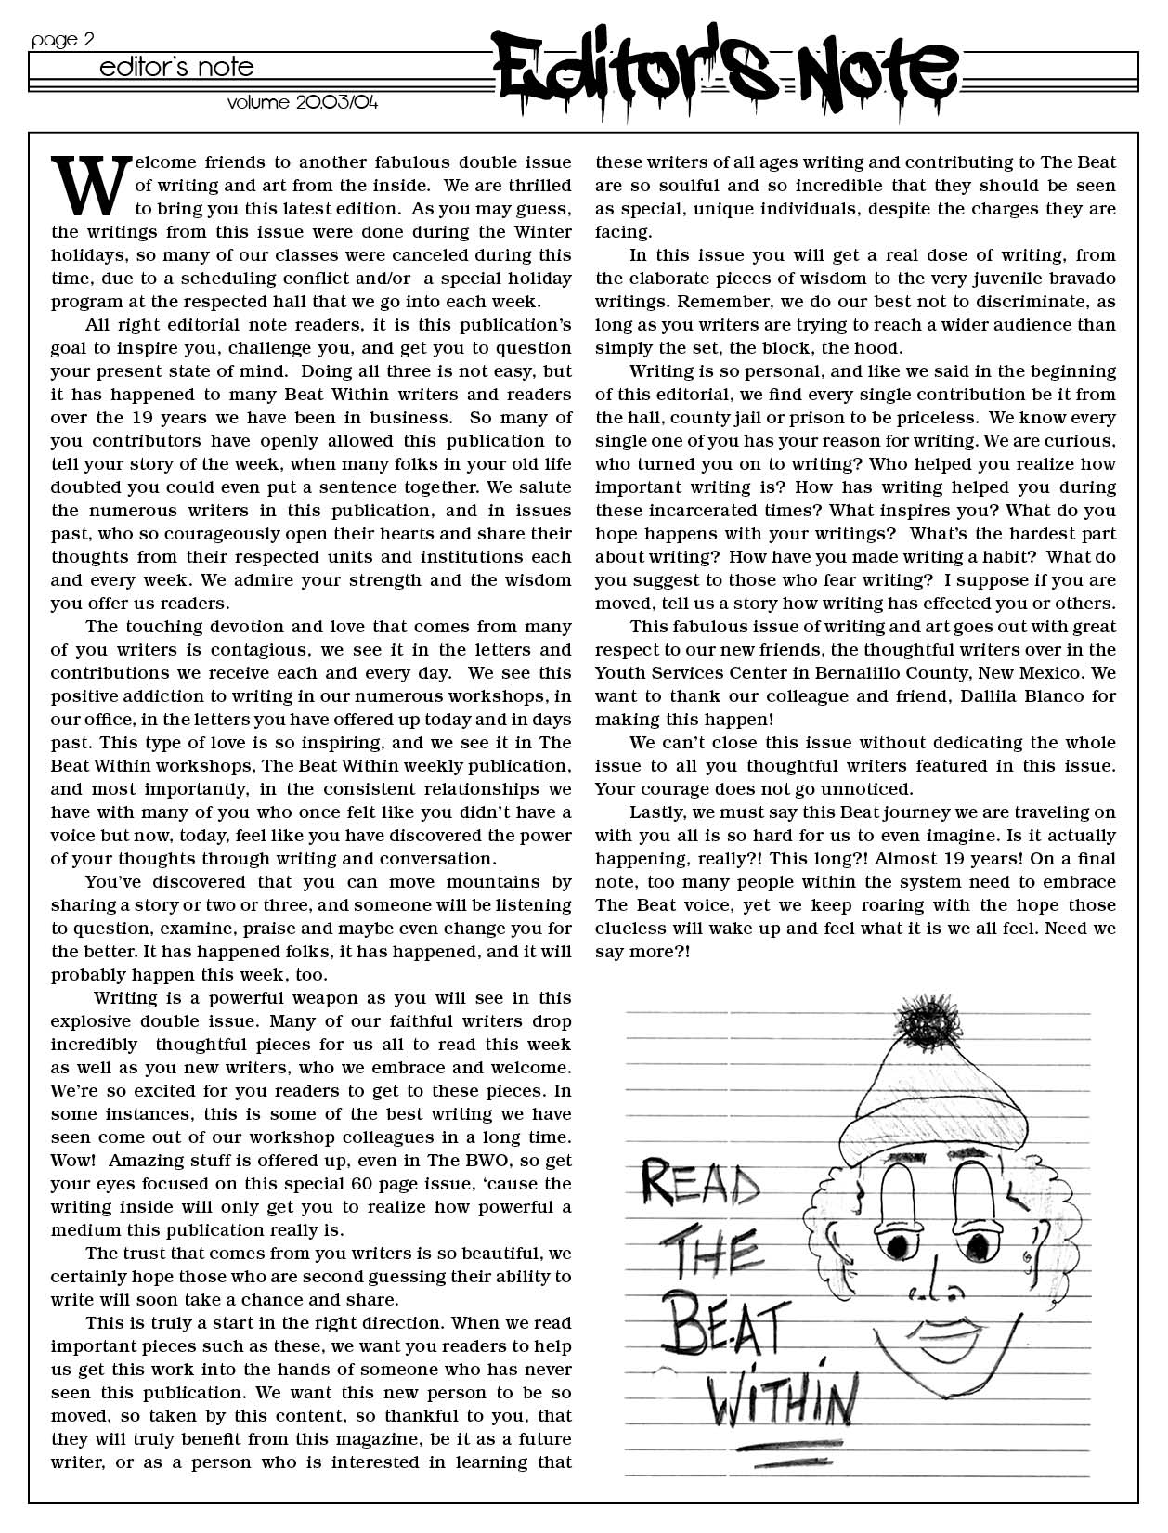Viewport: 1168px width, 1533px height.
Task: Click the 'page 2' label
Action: (62, 39)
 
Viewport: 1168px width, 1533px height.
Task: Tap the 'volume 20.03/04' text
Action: (303, 102)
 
